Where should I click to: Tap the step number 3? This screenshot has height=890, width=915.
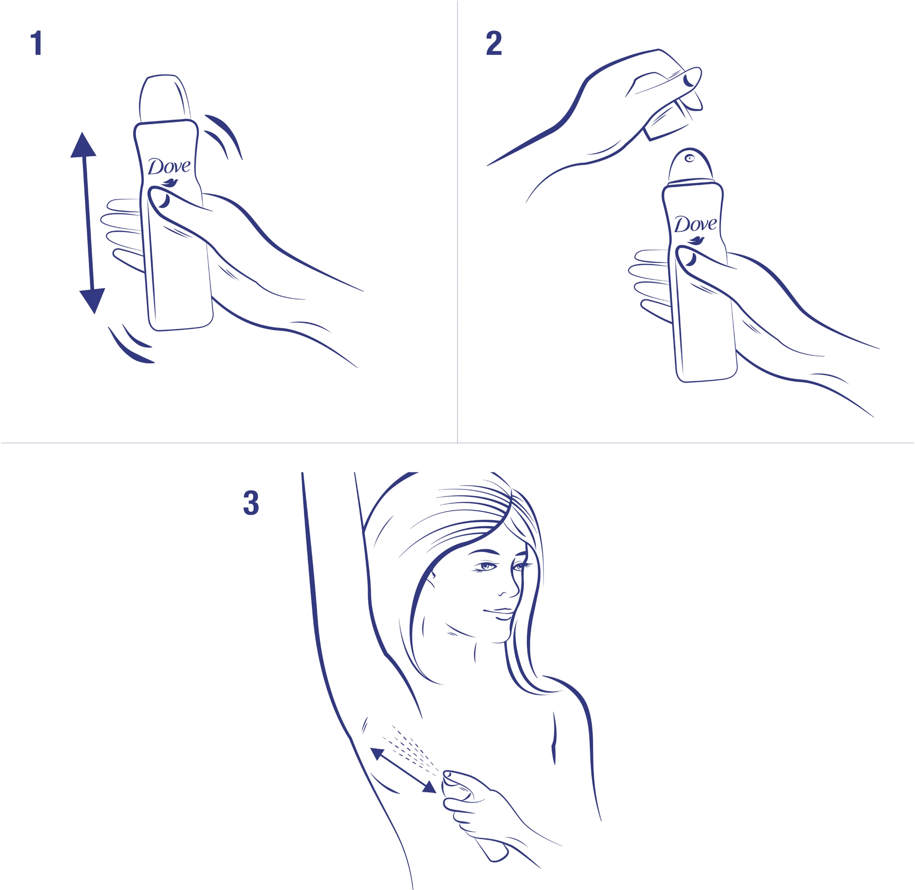pyautogui.click(x=251, y=503)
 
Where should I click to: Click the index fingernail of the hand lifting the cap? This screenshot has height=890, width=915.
pyautogui.click(x=689, y=80)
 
